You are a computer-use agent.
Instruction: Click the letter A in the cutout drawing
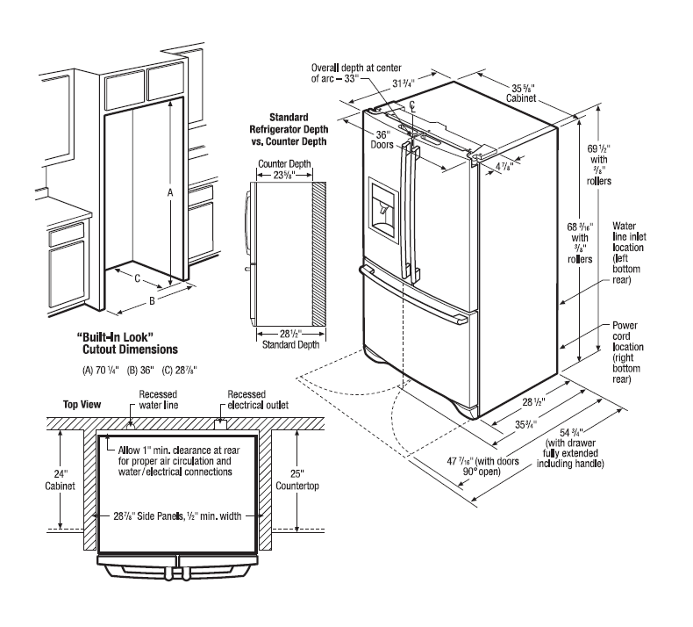(x=170, y=191)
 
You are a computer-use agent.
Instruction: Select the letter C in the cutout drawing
(x=137, y=280)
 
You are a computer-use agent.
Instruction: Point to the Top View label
(x=82, y=405)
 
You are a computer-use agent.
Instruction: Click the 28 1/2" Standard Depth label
(x=282, y=340)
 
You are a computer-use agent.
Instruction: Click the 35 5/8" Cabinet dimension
(x=528, y=92)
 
